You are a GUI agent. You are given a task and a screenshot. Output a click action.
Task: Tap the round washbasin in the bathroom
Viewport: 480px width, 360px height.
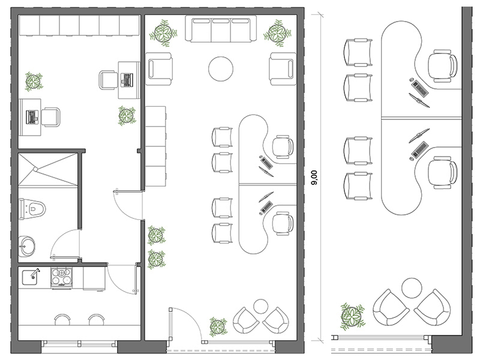click(x=27, y=244)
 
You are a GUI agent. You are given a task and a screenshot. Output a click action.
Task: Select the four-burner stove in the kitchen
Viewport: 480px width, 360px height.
click(x=61, y=277)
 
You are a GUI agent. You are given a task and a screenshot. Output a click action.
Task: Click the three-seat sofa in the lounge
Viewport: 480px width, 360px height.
click(x=221, y=30)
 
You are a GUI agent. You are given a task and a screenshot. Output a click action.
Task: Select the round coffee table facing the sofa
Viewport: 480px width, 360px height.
click(x=220, y=69)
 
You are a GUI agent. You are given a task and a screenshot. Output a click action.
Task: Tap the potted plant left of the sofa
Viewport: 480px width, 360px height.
click(x=163, y=33)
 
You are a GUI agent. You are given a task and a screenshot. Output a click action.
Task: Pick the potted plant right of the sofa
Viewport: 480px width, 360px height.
click(x=277, y=33)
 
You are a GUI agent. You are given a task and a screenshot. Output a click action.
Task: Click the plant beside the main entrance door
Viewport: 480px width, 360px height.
click(x=218, y=326)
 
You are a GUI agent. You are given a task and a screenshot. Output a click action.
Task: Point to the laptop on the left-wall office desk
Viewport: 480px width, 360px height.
click(x=31, y=116)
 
